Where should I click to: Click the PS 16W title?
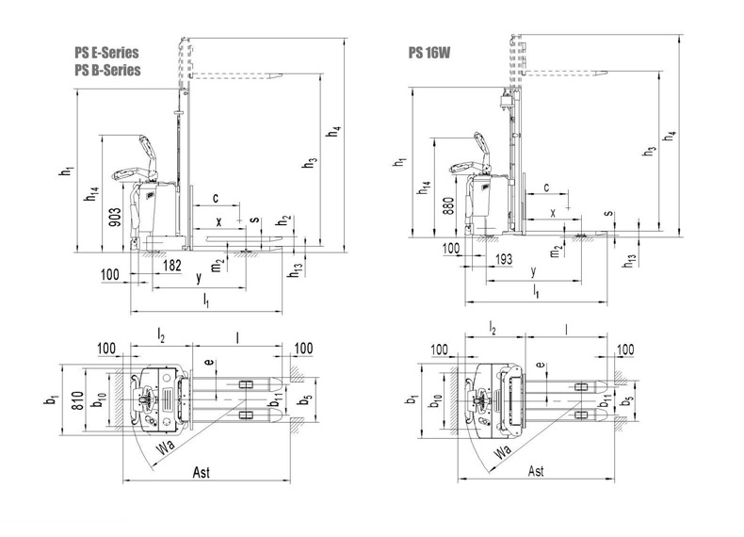coord(429,53)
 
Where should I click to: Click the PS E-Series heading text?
coord(106,52)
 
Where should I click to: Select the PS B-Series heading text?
coord(107,70)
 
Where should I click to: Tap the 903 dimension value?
coord(115,217)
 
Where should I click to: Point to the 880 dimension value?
coord(449,205)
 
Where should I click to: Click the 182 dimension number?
coord(171,265)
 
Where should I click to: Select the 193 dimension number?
coord(504,259)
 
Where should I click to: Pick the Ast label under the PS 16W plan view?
coord(536,471)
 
